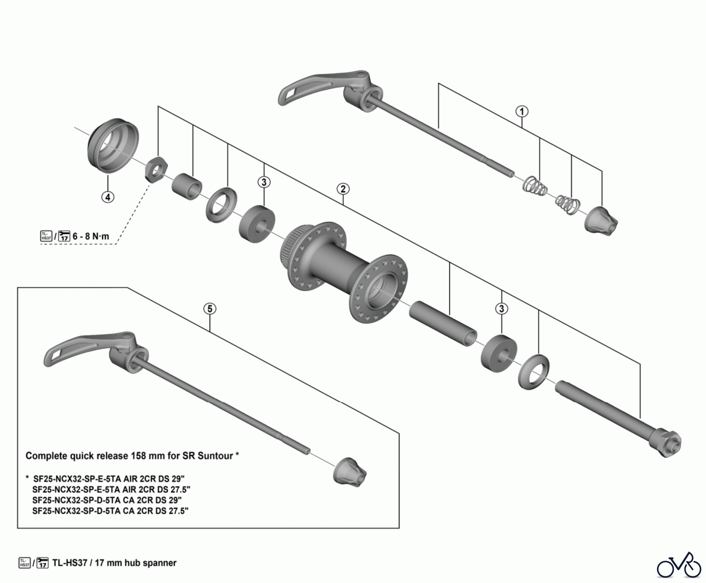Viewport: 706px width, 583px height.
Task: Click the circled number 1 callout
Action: (522, 112)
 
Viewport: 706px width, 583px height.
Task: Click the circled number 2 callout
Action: (343, 189)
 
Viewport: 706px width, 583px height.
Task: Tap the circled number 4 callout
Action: (108, 197)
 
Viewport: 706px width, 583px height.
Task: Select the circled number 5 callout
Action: (210, 309)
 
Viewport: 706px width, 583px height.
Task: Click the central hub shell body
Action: (344, 271)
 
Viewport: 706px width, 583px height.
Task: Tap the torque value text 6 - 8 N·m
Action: (91, 236)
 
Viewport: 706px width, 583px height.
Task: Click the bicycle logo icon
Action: (679, 565)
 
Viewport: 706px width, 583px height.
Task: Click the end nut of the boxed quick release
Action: (350, 471)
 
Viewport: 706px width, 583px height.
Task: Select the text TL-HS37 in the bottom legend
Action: (69, 563)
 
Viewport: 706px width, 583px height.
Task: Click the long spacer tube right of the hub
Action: (444, 323)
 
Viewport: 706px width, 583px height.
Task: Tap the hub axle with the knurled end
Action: (618, 419)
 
